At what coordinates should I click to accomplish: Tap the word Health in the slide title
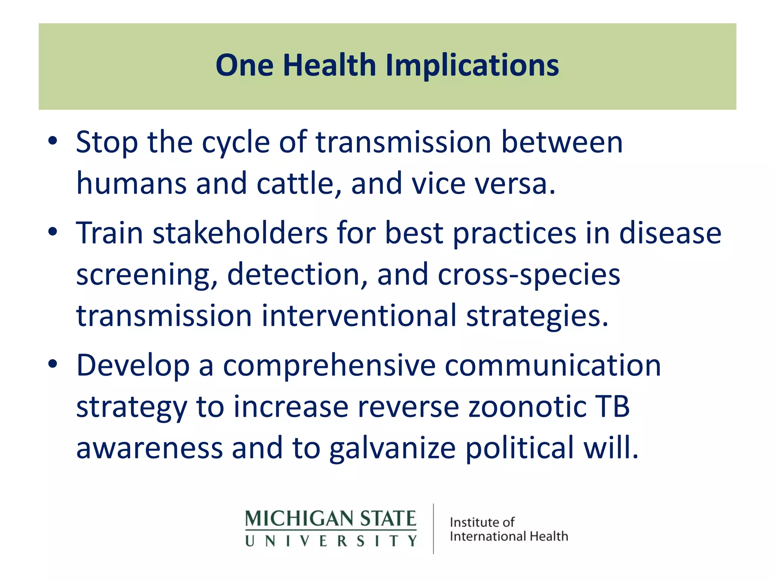[329, 65]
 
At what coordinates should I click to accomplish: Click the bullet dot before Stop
[53, 141]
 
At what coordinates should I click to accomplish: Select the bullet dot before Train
[53, 231]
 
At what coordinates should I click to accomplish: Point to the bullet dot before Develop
[53, 364]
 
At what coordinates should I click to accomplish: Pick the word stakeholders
[240, 233]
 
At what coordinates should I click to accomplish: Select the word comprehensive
[329, 366]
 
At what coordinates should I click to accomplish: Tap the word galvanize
[392, 449]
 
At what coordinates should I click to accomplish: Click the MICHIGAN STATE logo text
[330, 519]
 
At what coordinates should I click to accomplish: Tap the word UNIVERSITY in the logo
[330, 541]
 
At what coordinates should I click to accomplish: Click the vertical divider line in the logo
[433, 529]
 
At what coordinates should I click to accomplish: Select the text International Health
[509, 536]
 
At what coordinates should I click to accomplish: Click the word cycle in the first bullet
[235, 143]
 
